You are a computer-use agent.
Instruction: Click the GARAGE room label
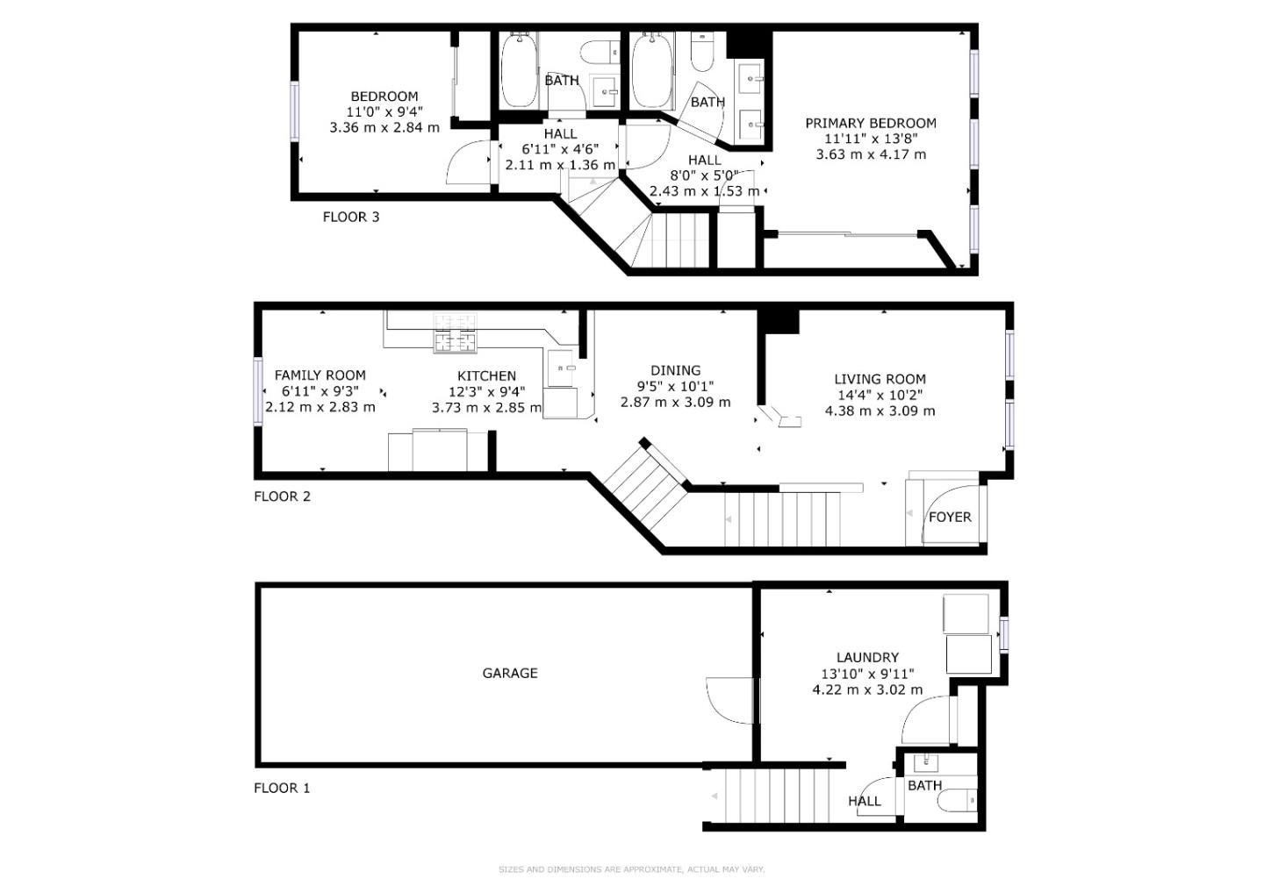(509, 673)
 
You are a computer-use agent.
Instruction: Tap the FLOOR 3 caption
(350, 217)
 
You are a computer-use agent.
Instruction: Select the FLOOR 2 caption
(282, 497)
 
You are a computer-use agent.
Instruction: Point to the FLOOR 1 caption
(282, 788)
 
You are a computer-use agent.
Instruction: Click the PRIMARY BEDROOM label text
(870, 124)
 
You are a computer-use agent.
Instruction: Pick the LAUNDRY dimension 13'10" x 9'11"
(867, 674)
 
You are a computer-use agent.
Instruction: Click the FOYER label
(950, 517)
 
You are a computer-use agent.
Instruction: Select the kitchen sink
(561, 368)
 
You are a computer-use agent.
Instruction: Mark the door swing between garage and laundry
(729, 700)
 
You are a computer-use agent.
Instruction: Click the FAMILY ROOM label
(320, 375)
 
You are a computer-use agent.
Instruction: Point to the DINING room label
(675, 370)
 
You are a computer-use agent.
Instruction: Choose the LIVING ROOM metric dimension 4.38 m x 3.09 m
(880, 411)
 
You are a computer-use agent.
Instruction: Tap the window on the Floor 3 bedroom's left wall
(296, 111)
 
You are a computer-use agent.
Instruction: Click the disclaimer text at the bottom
(631, 869)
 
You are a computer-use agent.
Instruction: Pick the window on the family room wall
(259, 391)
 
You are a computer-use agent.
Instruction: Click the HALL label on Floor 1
(864, 801)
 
